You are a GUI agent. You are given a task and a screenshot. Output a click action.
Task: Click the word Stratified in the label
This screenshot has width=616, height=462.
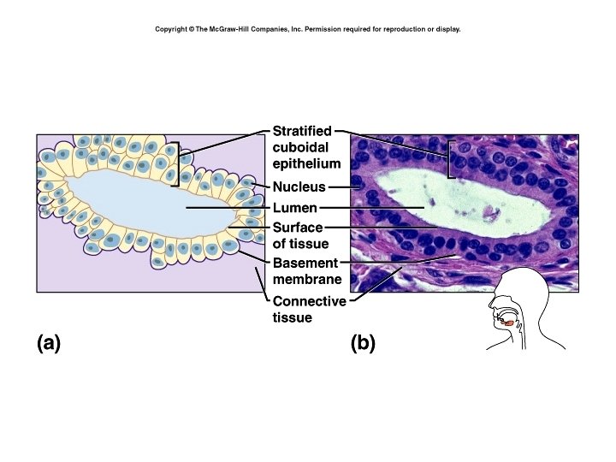(302, 131)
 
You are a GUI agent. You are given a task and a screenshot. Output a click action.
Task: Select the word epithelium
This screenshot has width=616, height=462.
(306, 163)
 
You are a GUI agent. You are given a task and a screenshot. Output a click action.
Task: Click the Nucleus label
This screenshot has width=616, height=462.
(299, 187)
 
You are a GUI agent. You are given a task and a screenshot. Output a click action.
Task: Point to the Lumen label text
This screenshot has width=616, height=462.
(295, 208)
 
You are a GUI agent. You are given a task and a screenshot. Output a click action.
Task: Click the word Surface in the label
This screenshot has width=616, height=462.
(298, 228)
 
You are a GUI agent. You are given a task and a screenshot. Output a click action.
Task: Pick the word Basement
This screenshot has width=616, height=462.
(305, 263)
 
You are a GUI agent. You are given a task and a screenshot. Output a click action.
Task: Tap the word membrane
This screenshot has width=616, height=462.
(307, 279)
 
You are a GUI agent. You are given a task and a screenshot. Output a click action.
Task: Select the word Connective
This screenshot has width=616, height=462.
(309, 301)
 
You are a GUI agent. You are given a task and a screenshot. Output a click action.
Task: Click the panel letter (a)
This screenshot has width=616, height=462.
(48, 343)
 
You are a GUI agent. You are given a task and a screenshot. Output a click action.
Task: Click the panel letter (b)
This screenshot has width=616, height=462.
(363, 343)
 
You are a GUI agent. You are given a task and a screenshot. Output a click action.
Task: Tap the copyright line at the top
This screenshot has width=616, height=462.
(307, 29)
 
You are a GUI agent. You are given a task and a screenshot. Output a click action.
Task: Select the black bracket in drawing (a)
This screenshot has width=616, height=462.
(176, 163)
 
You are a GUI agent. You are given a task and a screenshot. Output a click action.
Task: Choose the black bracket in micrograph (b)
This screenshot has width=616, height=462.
(450, 159)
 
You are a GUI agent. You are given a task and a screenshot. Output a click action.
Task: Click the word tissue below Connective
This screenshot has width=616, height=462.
(292, 317)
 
